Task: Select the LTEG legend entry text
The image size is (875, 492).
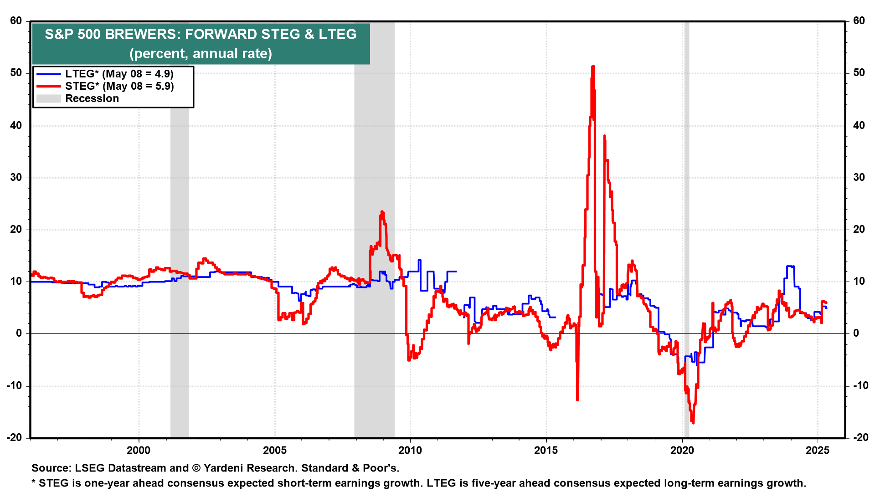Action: (119, 74)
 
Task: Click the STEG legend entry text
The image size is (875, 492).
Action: (119, 86)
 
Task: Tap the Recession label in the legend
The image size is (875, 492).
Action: (92, 98)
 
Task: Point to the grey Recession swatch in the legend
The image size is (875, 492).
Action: (48, 98)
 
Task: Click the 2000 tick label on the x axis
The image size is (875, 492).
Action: (139, 451)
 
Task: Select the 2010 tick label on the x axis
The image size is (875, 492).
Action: (410, 451)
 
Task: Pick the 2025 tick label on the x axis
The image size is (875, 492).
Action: (818, 451)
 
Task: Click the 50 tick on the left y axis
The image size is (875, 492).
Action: (16, 73)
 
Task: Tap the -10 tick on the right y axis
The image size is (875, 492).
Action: (858, 385)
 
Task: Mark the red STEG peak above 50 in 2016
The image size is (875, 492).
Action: (593, 67)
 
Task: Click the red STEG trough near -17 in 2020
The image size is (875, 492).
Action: (693, 422)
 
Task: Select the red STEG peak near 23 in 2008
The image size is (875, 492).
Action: (382, 212)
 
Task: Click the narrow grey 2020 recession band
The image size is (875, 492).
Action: (686, 228)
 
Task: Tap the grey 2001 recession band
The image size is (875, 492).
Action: (180, 228)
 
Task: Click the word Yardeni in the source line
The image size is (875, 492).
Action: (224, 468)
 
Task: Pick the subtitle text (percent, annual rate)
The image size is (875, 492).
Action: (201, 53)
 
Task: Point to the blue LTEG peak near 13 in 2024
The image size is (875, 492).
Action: (790, 266)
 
